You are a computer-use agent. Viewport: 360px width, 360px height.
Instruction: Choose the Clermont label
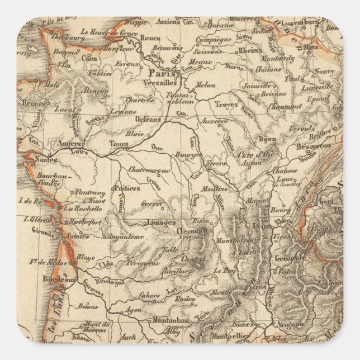[x=195, y=230]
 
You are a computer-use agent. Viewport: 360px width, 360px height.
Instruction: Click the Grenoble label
[x=290, y=258]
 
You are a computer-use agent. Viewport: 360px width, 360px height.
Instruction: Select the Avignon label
[x=291, y=324]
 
